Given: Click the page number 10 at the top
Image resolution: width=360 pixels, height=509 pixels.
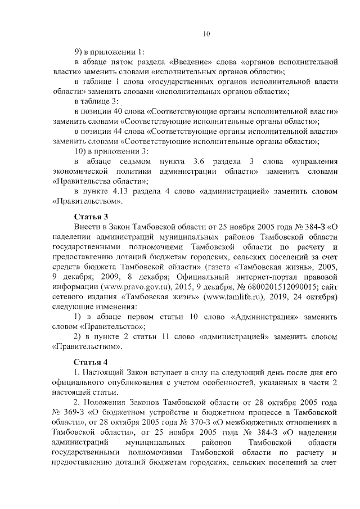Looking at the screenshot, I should click(x=206, y=34).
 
